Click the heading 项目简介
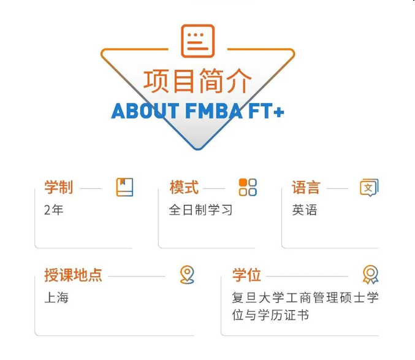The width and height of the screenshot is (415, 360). coord(197,80)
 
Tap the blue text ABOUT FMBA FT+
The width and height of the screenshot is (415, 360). coord(197,112)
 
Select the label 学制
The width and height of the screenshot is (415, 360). coord(59,187)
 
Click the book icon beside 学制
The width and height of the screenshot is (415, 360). coord(124,187)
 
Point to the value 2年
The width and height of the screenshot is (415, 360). coord(54,210)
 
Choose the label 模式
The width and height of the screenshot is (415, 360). coord(184,187)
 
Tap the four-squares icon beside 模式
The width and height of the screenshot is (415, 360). coord(248,187)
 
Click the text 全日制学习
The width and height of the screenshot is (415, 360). coord(200,210)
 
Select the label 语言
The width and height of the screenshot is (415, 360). coord(306,187)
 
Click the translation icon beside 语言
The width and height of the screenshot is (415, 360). coord(368,188)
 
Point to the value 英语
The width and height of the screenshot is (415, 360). coord(305,210)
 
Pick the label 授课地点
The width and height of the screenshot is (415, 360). coord(73,275)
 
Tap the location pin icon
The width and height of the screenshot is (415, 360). coord(187,275)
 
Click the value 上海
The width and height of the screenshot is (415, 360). coord(56,297)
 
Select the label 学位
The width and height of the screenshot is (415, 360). coord(246,275)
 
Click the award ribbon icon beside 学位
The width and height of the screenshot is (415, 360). coord(370,275)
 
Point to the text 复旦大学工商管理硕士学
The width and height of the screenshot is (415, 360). coord(305,297)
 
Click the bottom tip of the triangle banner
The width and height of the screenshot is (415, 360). coord(197,148)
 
